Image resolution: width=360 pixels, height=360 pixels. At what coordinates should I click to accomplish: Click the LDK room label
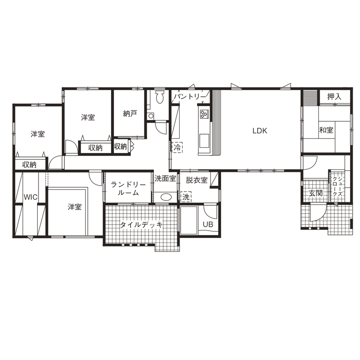point(259,131)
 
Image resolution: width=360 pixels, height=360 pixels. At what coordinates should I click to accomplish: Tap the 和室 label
point(326,130)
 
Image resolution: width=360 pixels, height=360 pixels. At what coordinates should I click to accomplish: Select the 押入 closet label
point(334,97)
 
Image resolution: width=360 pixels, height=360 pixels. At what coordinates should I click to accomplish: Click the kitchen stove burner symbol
point(204,114)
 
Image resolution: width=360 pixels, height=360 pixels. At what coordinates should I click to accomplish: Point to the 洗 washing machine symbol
point(186,197)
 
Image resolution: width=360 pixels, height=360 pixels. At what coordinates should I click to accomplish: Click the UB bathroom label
point(208,225)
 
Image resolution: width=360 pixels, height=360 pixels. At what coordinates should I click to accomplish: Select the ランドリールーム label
point(128,189)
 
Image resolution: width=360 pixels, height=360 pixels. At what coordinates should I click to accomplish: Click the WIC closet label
point(30,197)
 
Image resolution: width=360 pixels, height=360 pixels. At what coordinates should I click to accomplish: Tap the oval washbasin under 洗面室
point(165,198)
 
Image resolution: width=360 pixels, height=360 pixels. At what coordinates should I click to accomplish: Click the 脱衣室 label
point(197,180)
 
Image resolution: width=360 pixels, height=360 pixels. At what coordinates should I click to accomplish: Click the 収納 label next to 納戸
point(121,147)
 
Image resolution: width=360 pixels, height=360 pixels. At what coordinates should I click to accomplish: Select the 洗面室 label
point(165,178)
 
